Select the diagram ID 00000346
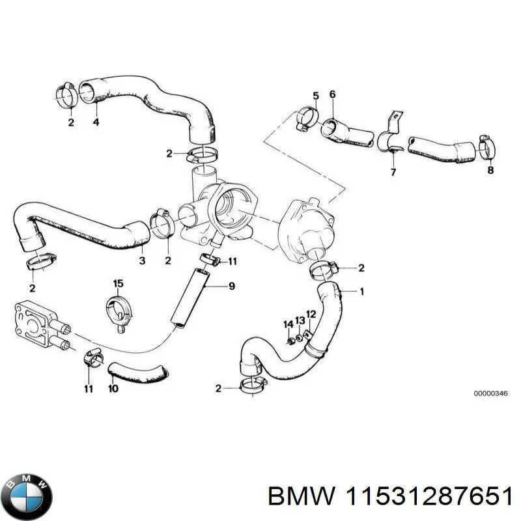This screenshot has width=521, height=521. click(490, 393)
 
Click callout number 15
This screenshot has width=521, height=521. click(118, 283)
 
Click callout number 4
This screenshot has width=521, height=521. click(96, 122)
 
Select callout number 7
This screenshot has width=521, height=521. click(393, 172)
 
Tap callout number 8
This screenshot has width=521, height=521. click(490, 171)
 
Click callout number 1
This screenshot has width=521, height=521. click(362, 291)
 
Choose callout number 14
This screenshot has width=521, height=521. click(287, 324)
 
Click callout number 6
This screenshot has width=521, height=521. click(332, 94)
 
